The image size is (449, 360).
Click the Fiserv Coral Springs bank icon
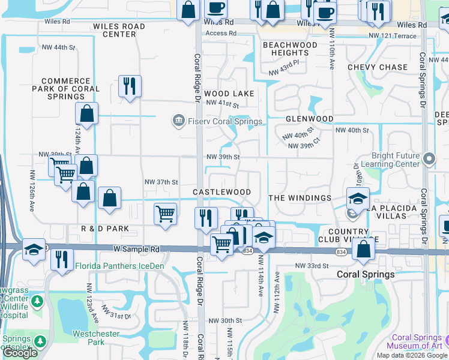pos(178,121)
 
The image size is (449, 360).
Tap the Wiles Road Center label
pos(119,30)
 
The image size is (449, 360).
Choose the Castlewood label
pos(221,192)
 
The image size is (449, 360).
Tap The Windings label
pos(300,198)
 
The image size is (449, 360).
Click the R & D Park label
pos(105,229)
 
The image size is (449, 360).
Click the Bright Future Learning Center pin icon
pos(429,159)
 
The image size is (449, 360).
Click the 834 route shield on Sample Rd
pos(247,251)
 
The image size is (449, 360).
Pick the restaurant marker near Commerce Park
pos(129,86)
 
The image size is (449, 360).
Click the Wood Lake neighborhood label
pos(229,94)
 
